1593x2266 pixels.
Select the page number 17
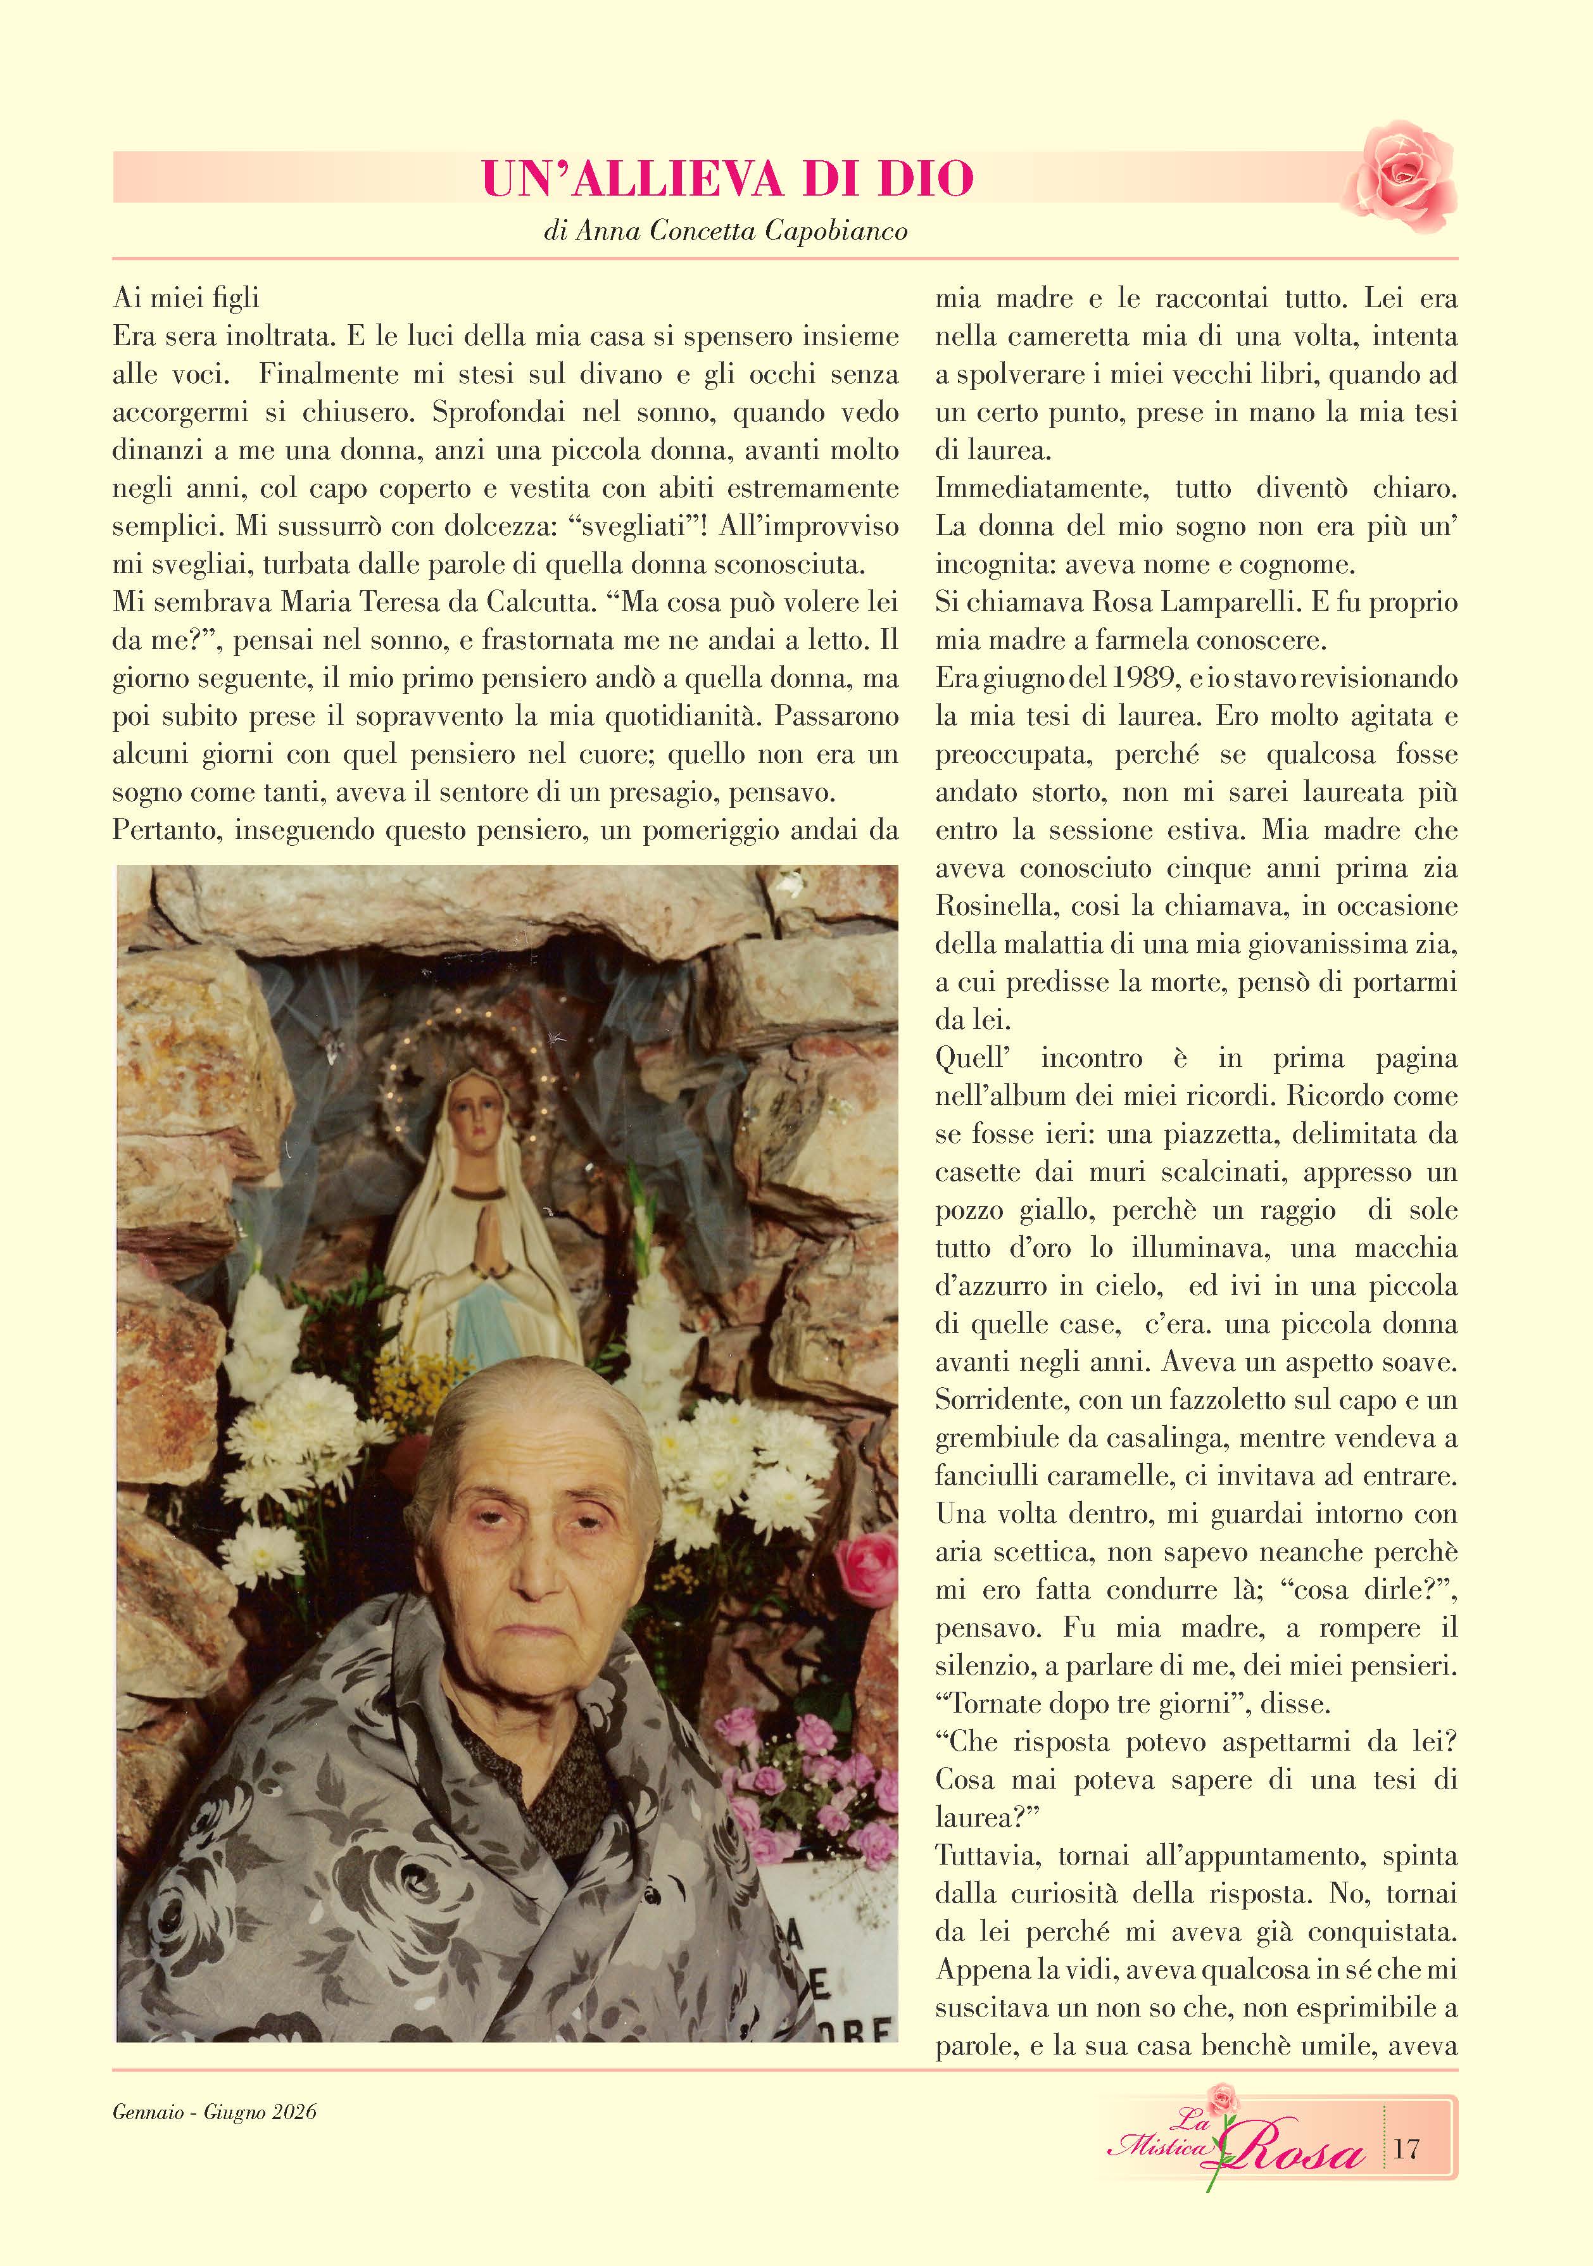[1406, 2149]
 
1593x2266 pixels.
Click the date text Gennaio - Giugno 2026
[214, 2112]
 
